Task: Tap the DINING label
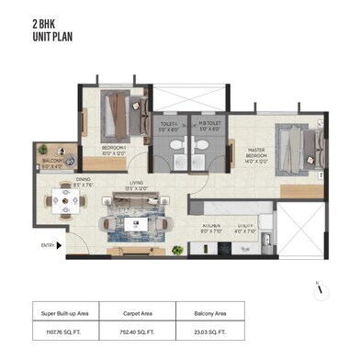84,182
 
